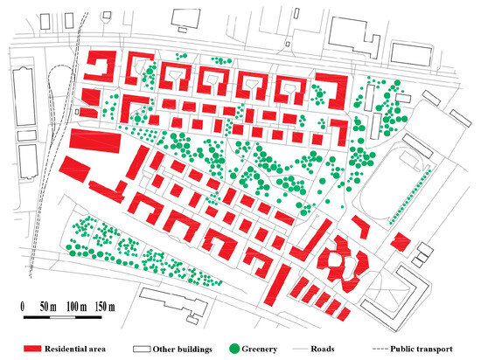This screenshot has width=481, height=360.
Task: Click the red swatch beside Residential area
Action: tap(39, 348)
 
